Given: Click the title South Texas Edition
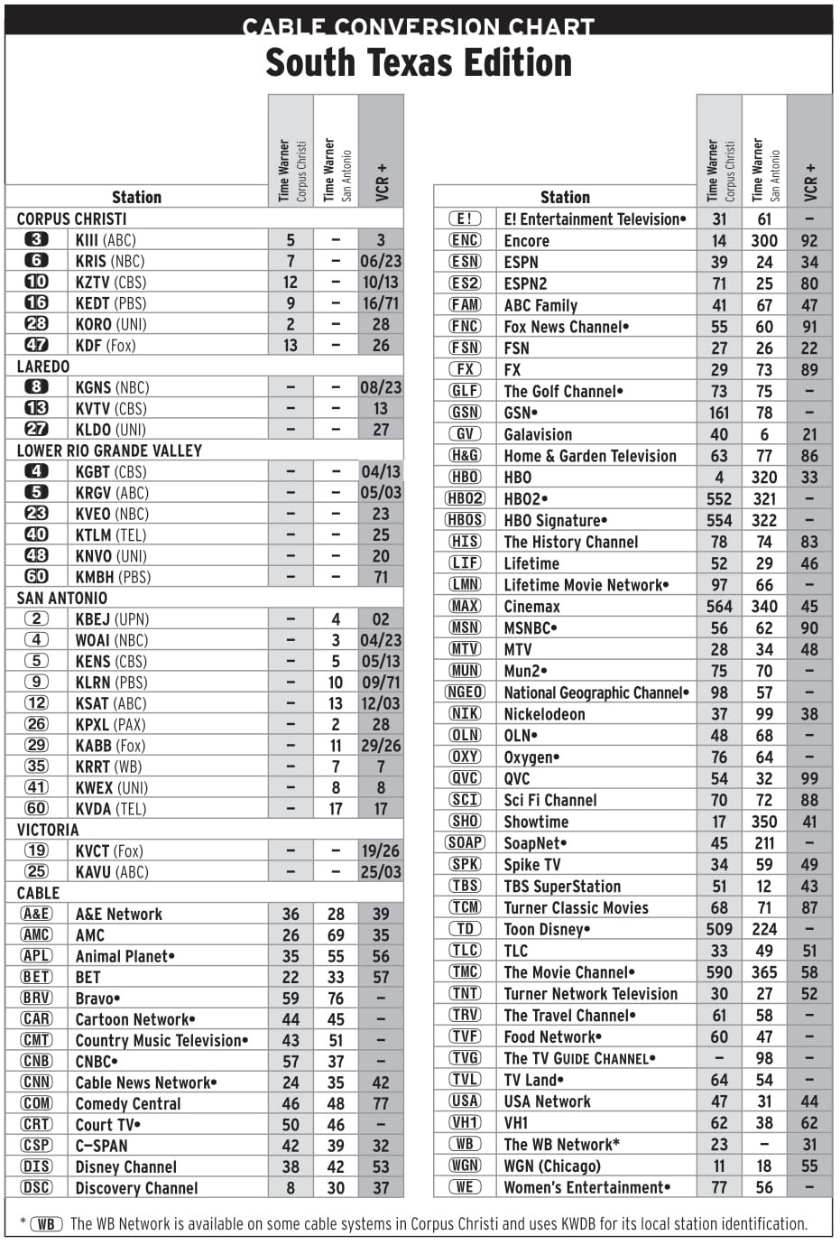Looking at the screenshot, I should click(419, 63).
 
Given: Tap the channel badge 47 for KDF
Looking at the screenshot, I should click(36, 345).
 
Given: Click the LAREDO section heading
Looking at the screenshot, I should click(43, 367).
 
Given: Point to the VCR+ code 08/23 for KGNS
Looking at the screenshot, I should click(381, 387).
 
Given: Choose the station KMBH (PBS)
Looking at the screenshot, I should click(113, 577).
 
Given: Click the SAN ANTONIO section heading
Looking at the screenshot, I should click(62, 598).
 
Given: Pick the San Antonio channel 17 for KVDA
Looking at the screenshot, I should click(336, 809).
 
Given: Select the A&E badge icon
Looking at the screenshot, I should click(36, 914).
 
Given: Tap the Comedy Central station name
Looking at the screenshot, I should click(128, 1103).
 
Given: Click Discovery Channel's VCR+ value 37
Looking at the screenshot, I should click(381, 1188).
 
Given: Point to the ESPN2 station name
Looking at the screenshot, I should click(525, 283).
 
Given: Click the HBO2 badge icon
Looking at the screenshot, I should click(465, 498).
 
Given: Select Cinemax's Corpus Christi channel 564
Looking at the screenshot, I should click(719, 607).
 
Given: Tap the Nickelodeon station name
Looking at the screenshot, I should click(544, 714).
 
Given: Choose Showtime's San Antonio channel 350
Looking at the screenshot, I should click(764, 822).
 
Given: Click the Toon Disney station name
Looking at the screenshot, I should click(547, 929).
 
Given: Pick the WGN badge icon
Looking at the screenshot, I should click(465, 1166).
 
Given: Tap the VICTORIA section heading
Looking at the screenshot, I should click(48, 830).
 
